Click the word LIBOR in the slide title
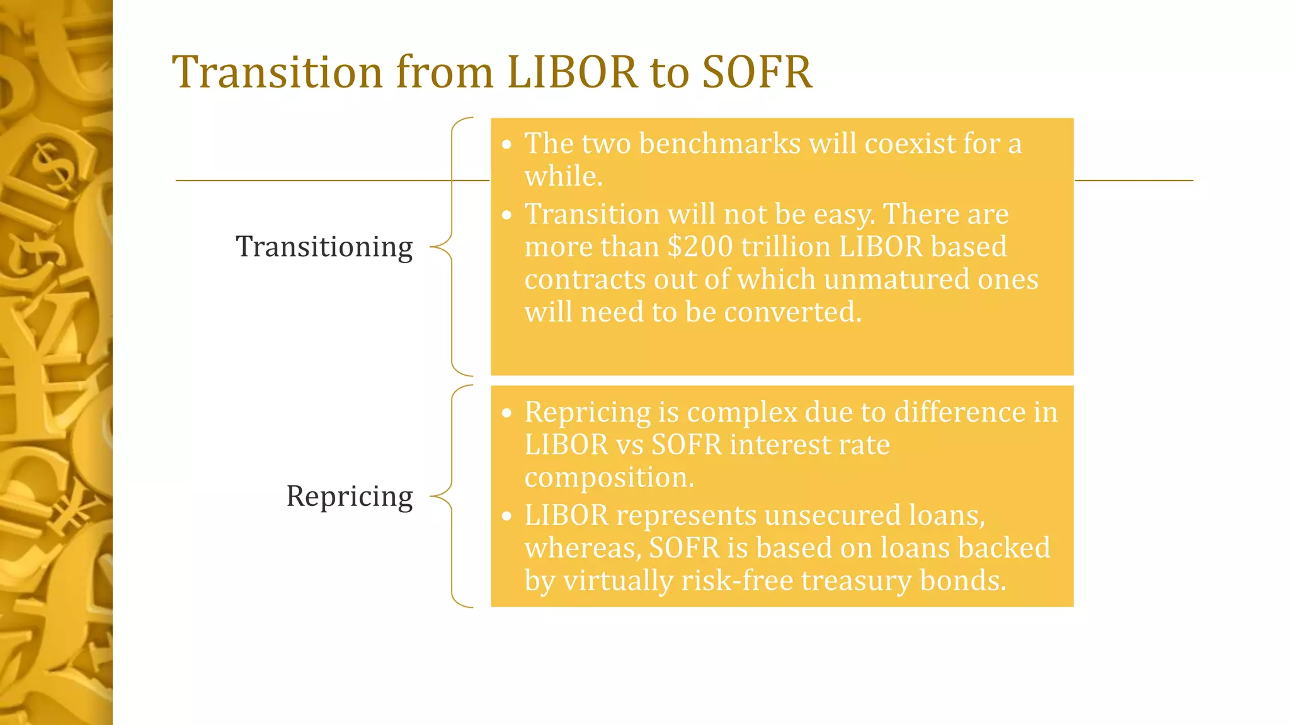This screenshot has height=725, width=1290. (x=572, y=72)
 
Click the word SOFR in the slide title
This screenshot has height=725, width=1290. (x=756, y=72)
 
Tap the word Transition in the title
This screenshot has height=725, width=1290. (x=277, y=72)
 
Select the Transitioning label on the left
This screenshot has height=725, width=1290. (x=324, y=247)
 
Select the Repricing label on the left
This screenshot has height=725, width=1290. (x=350, y=496)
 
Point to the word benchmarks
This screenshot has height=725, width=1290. (x=719, y=143)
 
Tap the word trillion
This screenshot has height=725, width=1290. (x=785, y=247)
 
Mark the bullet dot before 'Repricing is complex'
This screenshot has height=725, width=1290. (x=507, y=413)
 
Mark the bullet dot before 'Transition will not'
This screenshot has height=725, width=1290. (x=507, y=215)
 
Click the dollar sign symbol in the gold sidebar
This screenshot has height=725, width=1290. (x=52, y=165)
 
